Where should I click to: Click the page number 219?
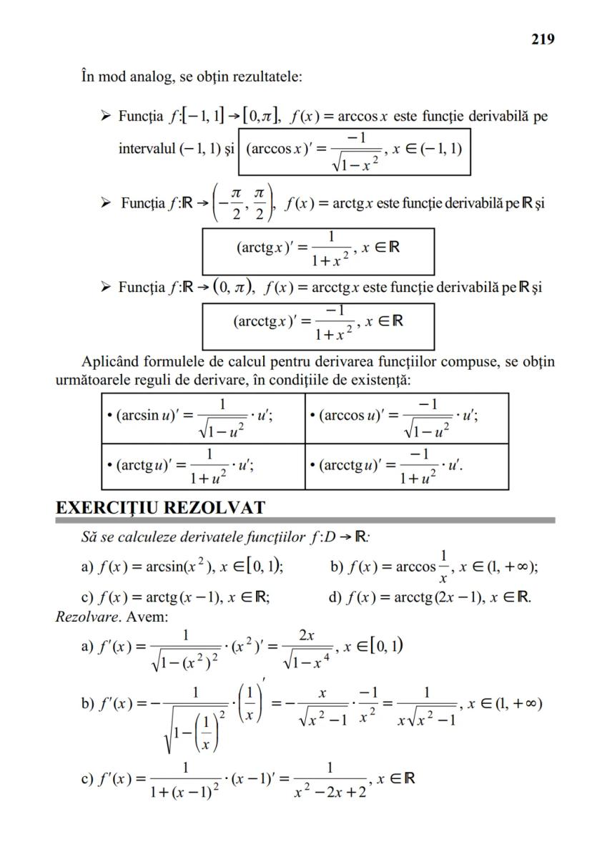pos(543,39)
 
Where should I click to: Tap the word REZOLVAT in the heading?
pos(214,507)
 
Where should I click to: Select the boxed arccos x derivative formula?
pos(354,152)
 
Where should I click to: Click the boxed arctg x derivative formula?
pos(318,252)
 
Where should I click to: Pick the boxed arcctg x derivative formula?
pos(318,326)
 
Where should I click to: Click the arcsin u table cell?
pos(203,418)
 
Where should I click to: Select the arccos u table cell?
pos(407,418)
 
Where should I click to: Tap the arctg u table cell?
pos(203,466)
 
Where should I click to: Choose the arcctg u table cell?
pos(407,466)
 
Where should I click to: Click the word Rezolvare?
pos(87,617)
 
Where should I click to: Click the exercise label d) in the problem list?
pos(335,597)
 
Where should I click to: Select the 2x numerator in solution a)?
pos(307,635)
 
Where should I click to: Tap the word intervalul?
pos(147,148)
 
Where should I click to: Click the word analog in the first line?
pos(151,77)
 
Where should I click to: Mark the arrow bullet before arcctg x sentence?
pos(106,286)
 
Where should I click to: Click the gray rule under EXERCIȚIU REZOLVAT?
pos(305,520)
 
